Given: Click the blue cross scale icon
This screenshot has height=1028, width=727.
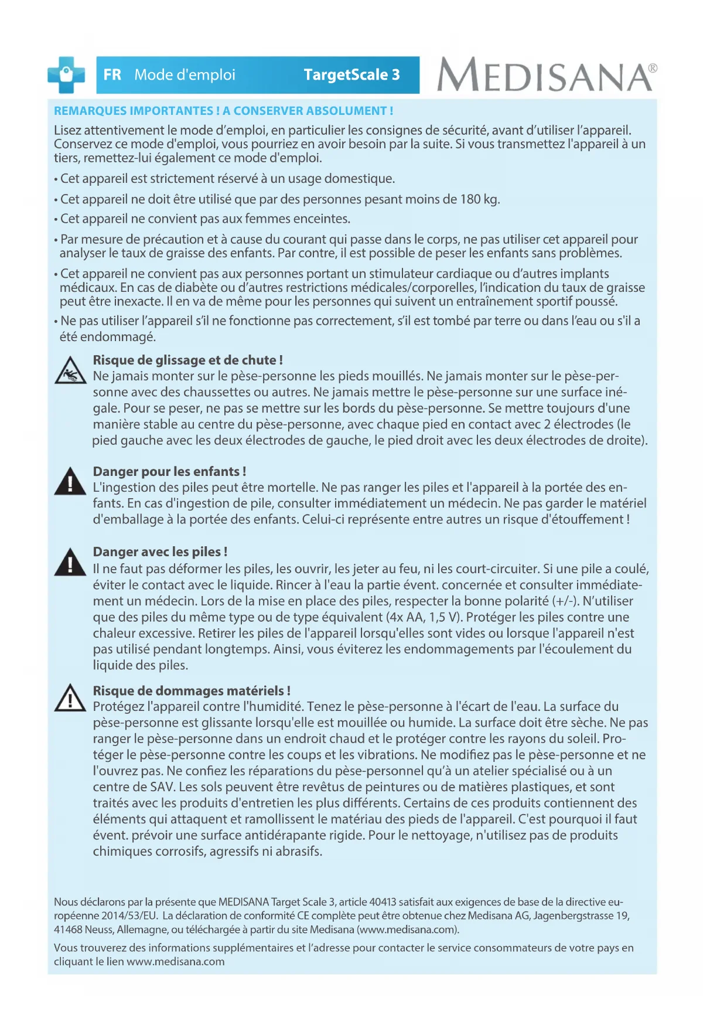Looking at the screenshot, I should (x=66, y=74).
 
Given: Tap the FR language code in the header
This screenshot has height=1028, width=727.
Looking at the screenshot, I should (x=112, y=75).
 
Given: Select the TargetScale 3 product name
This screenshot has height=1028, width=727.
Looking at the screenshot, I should (x=351, y=75).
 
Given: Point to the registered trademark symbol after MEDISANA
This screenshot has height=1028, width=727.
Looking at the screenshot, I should (x=653, y=68).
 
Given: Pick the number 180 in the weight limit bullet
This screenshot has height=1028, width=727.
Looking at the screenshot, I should (x=470, y=199).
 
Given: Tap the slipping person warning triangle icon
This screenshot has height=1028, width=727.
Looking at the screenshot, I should (x=70, y=372).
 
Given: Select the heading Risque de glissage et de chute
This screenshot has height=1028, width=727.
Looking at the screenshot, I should (x=187, y=360).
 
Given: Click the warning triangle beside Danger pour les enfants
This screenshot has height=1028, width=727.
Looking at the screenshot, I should (x=70, y=482).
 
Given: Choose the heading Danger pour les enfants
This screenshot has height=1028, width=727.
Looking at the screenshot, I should (x=169, y=471).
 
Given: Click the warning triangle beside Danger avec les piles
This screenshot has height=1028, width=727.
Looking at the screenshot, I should (x=70, y=563).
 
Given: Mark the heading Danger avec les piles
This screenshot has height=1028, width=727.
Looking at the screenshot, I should (x=160, y=552).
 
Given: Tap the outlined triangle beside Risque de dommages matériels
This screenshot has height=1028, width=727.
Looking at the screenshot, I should (x=70, y=698).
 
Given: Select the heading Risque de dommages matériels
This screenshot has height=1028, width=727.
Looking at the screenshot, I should (x=192, y=690).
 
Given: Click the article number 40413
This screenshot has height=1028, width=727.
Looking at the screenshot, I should (x=383, y=902).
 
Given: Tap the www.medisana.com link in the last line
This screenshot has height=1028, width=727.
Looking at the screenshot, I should (x=175, y=962).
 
